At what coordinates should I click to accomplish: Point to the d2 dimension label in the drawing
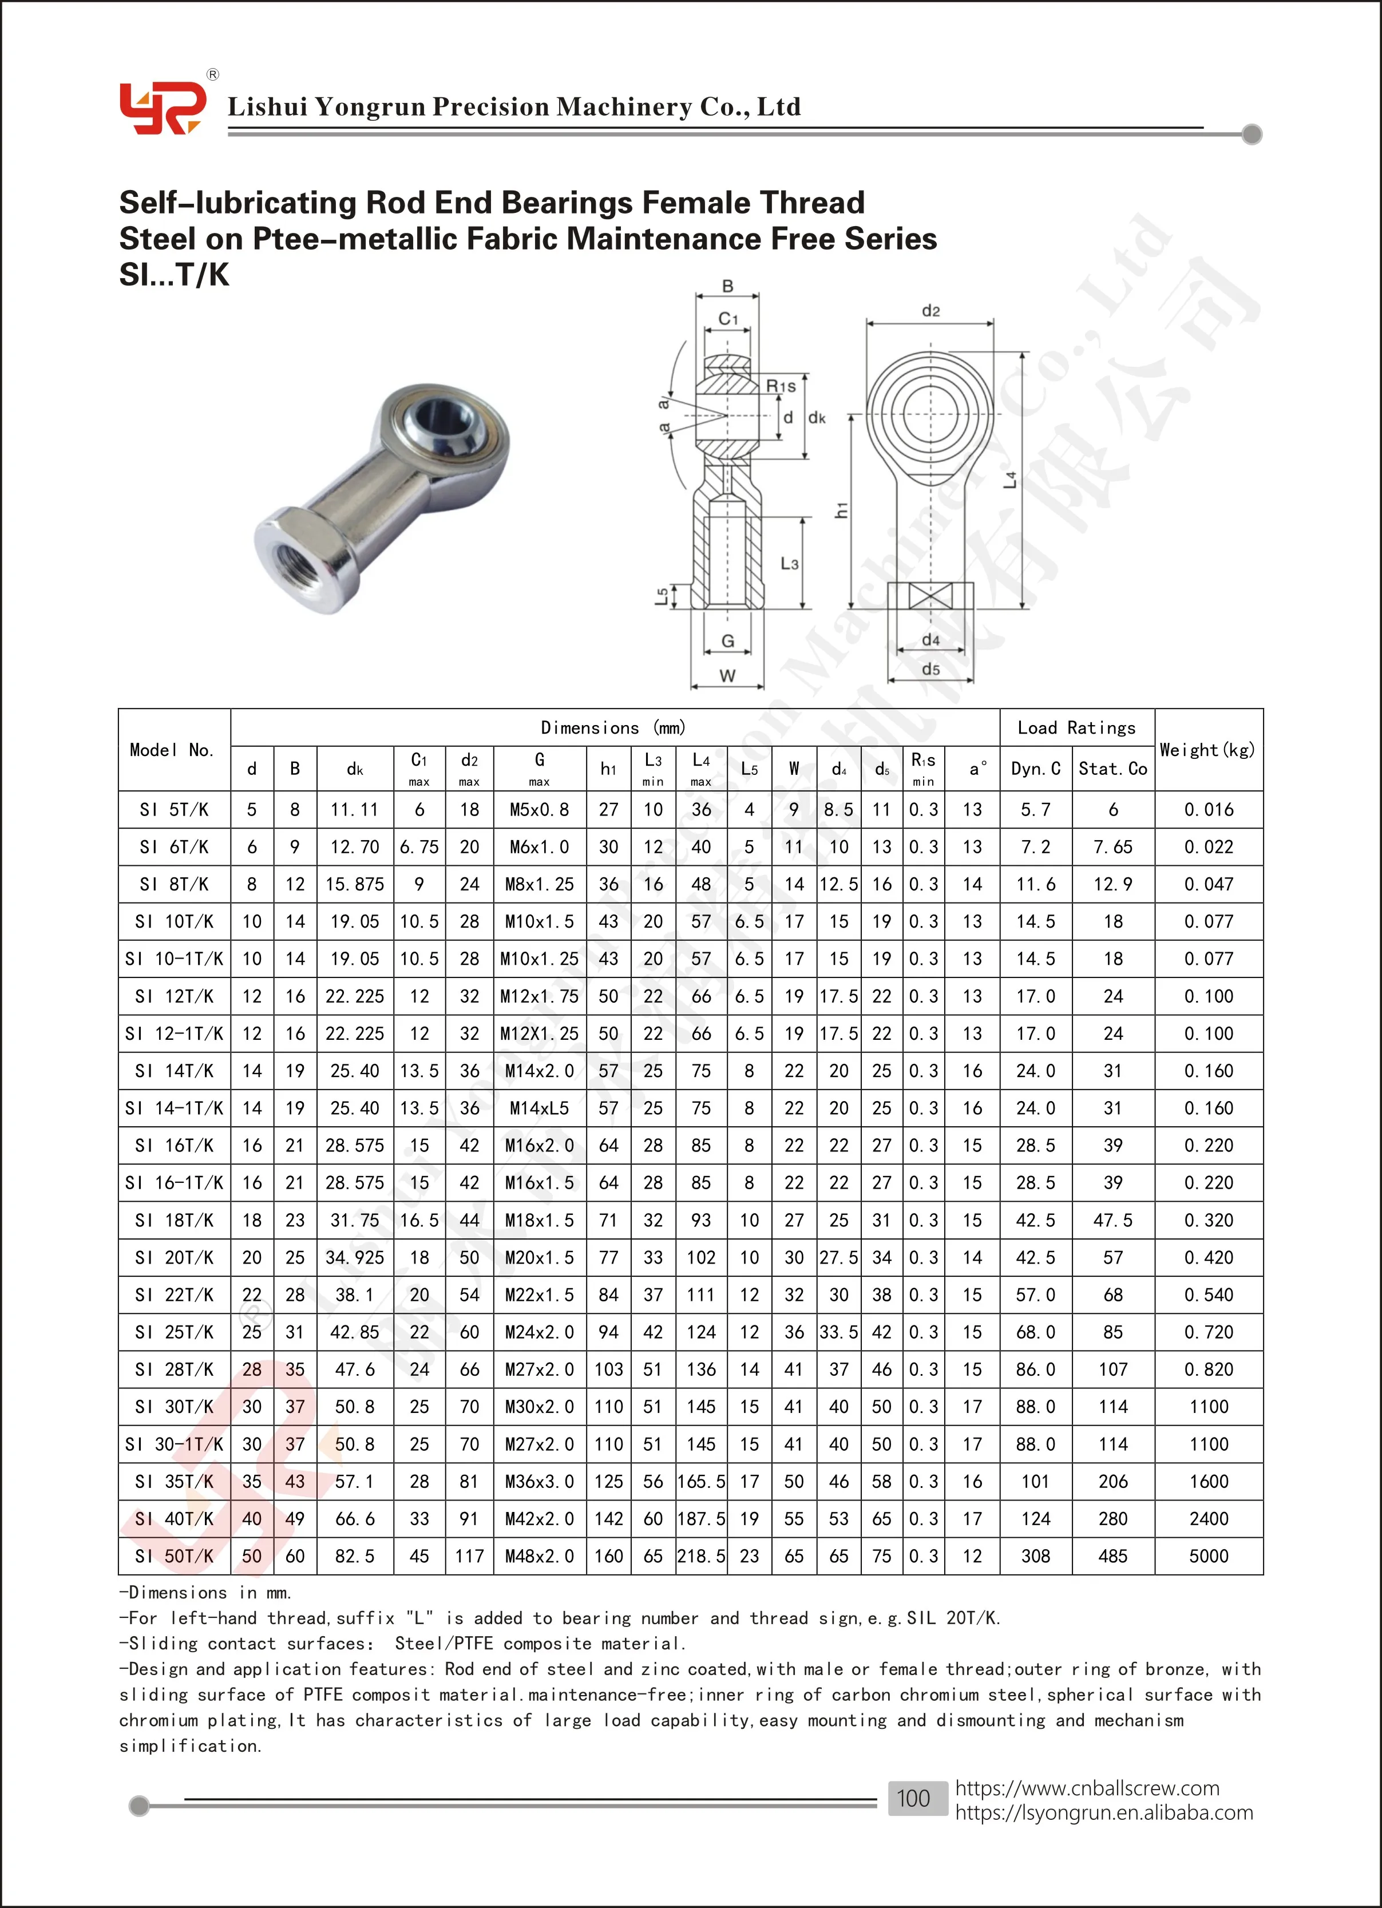click(x=930, y=311)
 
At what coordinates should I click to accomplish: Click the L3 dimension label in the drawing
click(x=789, y=564)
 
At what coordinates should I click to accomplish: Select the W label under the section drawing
click(x=727, y=675)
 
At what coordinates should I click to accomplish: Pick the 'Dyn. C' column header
click(x=1035, y=768)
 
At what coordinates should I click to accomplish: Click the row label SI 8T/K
click(x=174, y=884)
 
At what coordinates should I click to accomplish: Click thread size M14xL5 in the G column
click(x=539, y=1108)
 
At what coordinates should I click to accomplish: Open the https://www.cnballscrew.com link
click(x=1086, y=1788)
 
